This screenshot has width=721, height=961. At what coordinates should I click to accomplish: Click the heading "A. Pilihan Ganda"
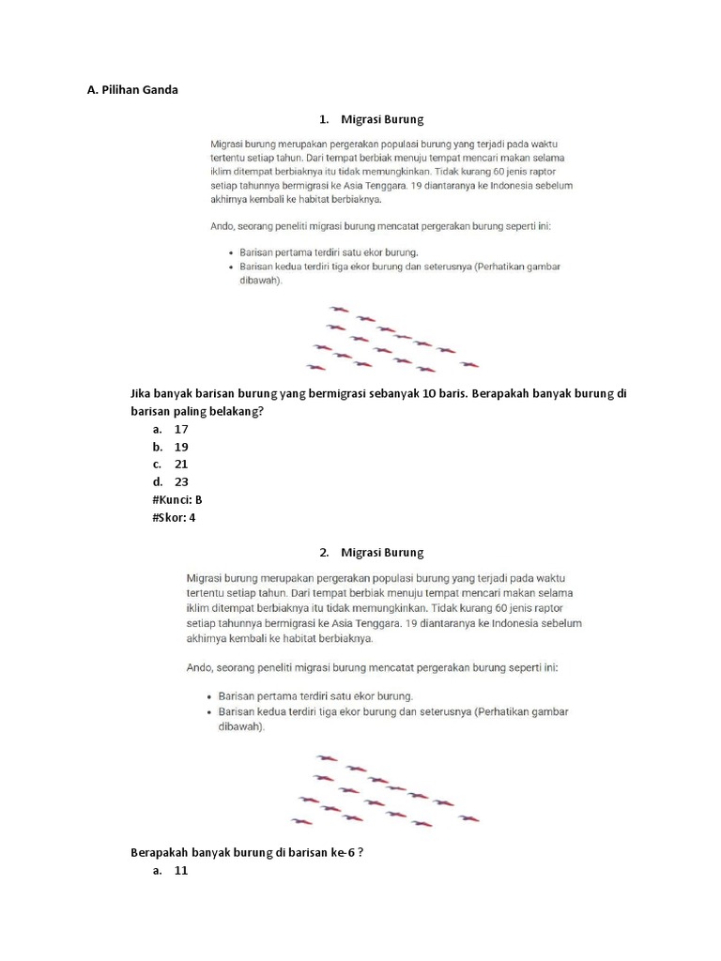(131, 90)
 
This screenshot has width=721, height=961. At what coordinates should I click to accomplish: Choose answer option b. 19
(171, 447)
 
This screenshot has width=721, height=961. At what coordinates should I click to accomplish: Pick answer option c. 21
(171, 464)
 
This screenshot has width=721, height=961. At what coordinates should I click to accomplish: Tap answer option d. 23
(171, 481)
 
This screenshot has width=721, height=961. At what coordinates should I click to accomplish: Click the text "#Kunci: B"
(176, 499)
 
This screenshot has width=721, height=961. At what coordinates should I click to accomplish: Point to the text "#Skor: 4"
(174, 517)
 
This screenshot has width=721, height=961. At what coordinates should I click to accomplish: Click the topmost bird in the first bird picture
(339, 309)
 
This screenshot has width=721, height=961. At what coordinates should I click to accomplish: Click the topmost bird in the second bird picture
(326, 757)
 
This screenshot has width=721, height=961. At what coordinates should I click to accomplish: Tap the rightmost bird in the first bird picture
(468, 364)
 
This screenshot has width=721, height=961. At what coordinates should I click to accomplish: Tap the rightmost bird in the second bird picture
(468, 818)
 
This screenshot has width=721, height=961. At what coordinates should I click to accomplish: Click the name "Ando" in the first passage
(224, 226)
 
